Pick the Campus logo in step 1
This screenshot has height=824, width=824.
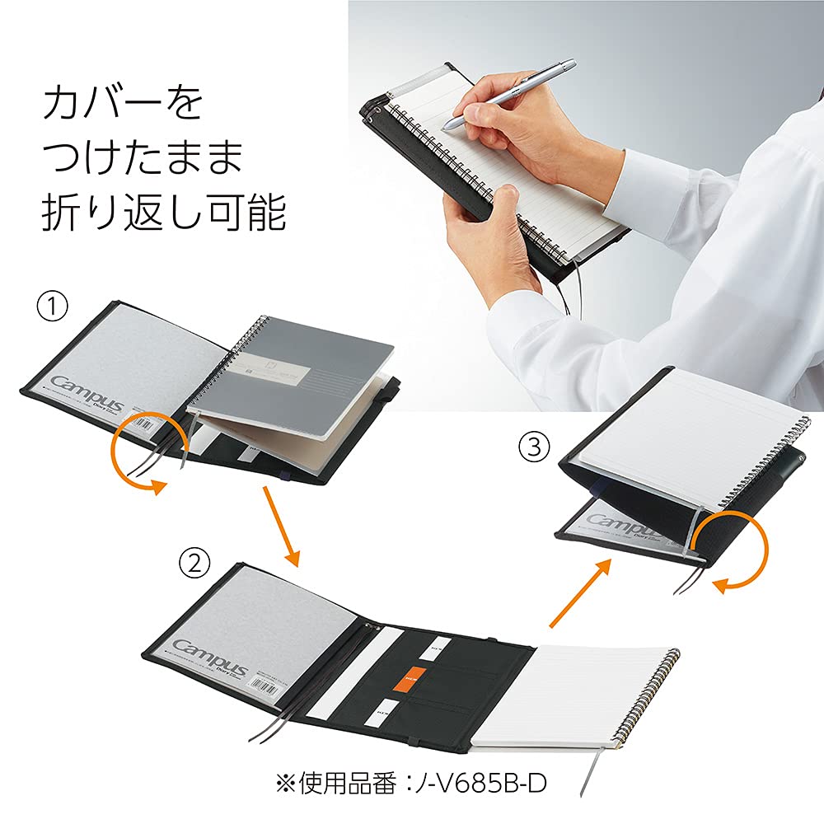coord(87,394)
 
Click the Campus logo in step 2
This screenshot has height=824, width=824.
coord(209,659)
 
